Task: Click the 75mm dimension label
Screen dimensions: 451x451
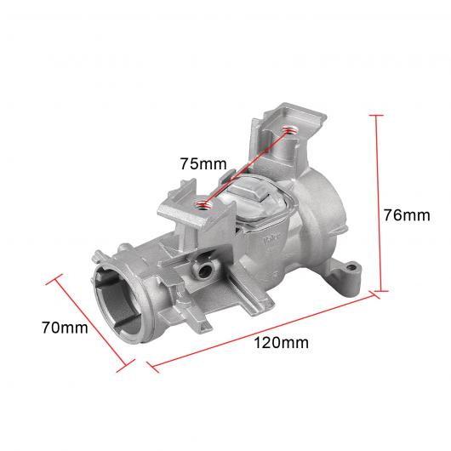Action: [x=203, y=163]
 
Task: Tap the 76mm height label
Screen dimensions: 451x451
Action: [x=407, y=215]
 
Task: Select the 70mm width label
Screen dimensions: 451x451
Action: [x=65, y=328]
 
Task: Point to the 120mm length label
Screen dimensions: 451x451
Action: [x=281, y=343]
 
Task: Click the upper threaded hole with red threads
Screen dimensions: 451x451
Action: [x=288, y=130]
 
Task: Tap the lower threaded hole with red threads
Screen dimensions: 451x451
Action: [x=202, y=204]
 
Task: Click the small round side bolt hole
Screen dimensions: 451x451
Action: [x=204, y=271]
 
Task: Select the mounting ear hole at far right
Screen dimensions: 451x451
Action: [x=351, y=267]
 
